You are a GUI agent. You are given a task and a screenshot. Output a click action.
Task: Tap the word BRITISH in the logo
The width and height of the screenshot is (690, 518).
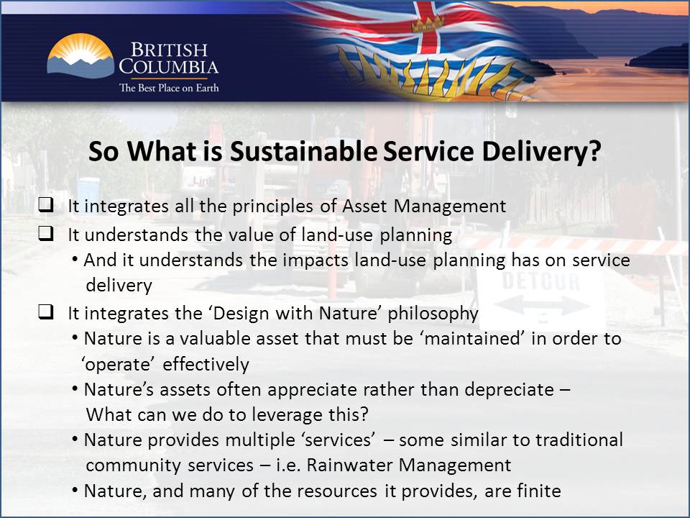(x=169, y=50)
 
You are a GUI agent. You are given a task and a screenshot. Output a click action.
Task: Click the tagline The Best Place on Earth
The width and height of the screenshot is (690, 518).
(x=168, y=88)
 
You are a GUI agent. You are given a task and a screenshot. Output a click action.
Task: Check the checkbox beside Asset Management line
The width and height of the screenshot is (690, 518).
(x=45, y=206)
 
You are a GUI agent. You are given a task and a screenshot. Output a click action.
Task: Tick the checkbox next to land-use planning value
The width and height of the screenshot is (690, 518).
(x=45, y=235)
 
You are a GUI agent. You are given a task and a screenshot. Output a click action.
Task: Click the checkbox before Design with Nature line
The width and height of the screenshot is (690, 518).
(x=45, y=313)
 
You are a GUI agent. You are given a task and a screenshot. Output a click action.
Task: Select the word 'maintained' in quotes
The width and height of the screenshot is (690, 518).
(x=475, y=339)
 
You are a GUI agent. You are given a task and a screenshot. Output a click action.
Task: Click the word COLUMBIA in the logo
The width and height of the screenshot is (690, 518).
(x=169, y=68)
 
